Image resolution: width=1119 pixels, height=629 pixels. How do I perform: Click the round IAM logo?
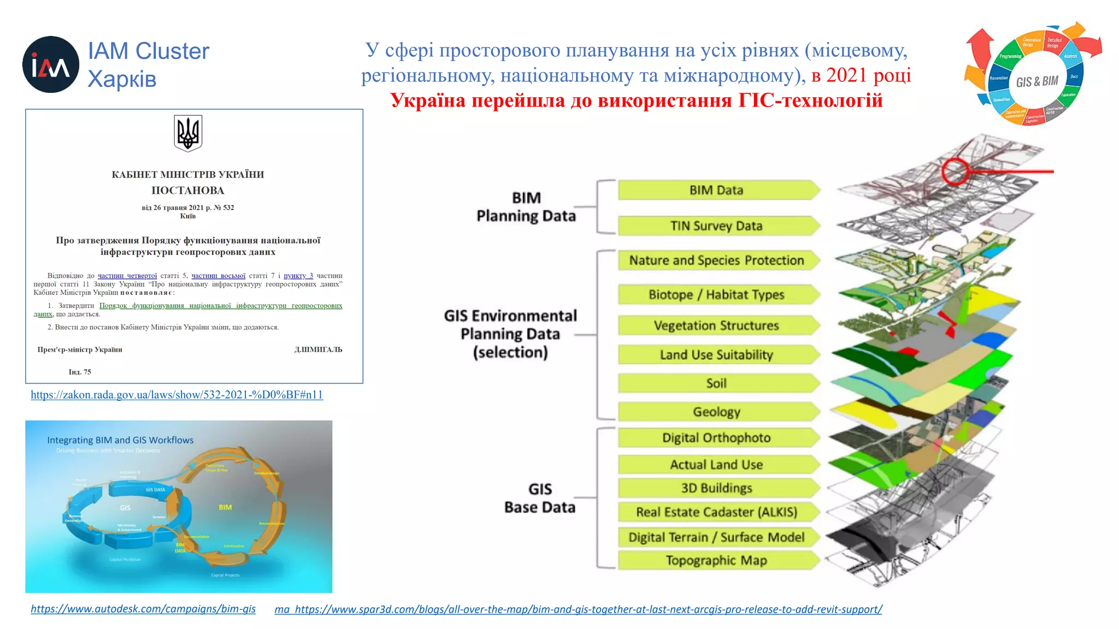pyautogui.click(x=50, y=64)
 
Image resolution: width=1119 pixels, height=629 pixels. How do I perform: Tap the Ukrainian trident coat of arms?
pyautogui.click(x=188, y=133)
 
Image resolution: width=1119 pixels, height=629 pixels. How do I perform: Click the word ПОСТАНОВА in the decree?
pyautogui.click(x=187, y=191)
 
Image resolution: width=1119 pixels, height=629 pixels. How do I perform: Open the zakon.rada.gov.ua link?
pyautogui.click(x=176, y=395)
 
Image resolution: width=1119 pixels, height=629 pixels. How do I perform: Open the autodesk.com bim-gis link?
pyautogui.click(x=143, y=609)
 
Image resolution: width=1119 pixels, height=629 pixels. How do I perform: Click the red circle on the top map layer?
pyautogui.click(x=955, y=171)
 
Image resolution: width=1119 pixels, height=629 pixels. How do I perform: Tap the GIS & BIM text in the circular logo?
pyautogui.click(x=1037, y=81)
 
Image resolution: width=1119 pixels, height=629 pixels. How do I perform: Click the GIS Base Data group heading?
pyautogui.click(x=540, y=498)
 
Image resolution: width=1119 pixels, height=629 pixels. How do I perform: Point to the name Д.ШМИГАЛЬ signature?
pyautogui.click(x=318, y=349)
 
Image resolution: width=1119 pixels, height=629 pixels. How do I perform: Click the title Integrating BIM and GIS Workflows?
pyautogui.click(x=120, y=440)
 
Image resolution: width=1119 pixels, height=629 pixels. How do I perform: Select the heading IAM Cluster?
pyautogui.click(x=149, y=51)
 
